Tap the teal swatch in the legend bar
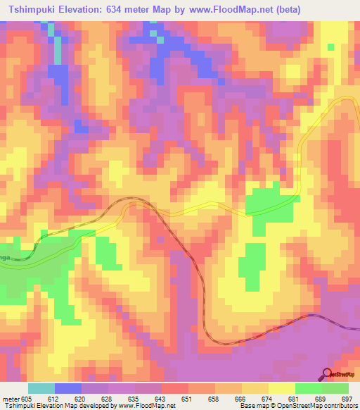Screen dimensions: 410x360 click(x=41, y=388)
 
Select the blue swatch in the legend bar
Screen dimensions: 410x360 click(x=68, y=388)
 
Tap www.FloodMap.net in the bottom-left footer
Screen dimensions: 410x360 click(x=146, y=406)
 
